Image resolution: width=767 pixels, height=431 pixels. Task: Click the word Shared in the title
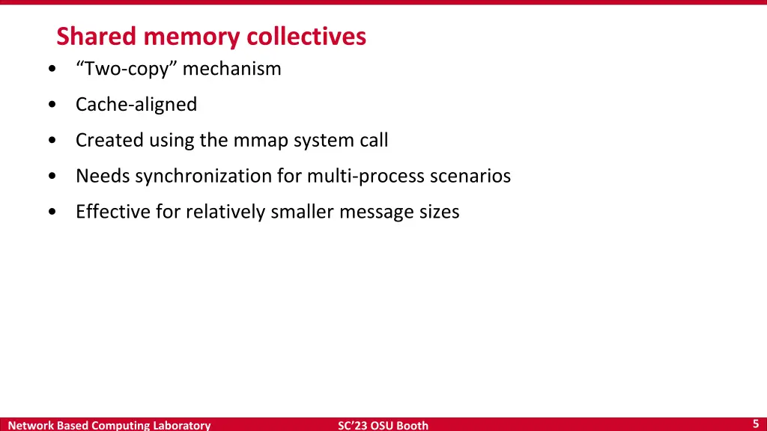pyautogui.click(x=97, y=36)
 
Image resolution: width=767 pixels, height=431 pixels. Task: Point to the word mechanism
pyautogui.click(x=232, y=69)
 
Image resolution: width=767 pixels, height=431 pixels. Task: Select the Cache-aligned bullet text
pyautogui.click(x=136, y=105)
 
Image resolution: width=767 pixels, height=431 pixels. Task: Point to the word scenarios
pyautogui.click(x=470, y=176)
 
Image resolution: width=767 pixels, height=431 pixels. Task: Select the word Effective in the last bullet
pyautogui.click(x=113, y=212)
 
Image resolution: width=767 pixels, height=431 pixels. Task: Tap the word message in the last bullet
pyautogui.click(x=375, y=212)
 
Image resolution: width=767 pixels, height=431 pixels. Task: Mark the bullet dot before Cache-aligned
pyautogui.click(x=50, y=106)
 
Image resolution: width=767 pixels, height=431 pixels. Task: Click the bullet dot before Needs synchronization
pyautogui.click(x=50, y=177)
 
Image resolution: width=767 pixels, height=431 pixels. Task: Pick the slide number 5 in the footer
pyautogui.click(x=756, y=424)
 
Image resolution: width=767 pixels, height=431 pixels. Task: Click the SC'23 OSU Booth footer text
pyautogui.click(x=383, y=425)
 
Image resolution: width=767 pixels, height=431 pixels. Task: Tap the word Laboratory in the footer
pyautogui.click(x=182, y=425)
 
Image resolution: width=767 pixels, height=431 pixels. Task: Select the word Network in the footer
pyautogui.click(x=30, y=425)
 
